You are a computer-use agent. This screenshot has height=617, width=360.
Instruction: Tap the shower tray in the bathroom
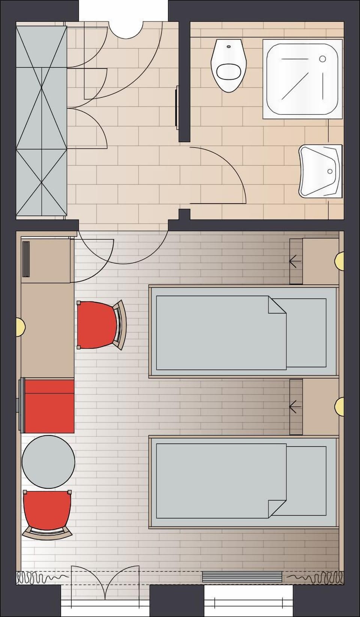click(x=303, y=78)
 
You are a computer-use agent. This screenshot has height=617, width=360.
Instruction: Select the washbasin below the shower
click(x=321, y=171)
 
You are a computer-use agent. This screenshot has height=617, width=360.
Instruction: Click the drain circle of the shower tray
click(x=322, y=59)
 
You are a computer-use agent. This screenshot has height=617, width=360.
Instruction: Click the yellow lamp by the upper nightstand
click(x=340, y=259)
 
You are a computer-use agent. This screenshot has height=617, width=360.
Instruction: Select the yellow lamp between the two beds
click(x=340, y=406)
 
